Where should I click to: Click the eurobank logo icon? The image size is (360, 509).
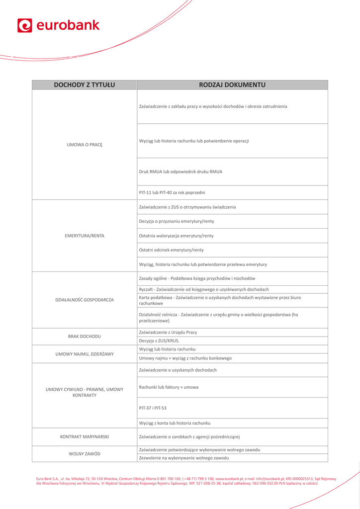coord(25,25)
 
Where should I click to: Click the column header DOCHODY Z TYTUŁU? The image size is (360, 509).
coord(85,85)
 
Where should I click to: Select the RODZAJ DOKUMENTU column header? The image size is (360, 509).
coord(232,85)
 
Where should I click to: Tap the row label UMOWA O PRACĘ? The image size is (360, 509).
coord(85,145)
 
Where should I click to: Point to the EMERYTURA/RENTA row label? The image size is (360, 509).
coord(85,236)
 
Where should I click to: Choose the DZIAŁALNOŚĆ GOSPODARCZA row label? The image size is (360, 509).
coord(85,300)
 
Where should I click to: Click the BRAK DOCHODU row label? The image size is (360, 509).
coord(85,337)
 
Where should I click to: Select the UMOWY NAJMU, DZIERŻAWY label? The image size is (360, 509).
coord(85,354)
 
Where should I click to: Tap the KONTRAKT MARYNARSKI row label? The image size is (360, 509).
coord(85,437)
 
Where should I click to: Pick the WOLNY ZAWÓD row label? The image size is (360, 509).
coord(85,454)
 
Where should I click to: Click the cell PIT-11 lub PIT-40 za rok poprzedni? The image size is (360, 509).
coord(172,192)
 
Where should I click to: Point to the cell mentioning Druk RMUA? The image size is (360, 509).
coord(180,171)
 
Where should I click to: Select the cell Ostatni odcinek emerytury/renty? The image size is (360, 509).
coord(171,250)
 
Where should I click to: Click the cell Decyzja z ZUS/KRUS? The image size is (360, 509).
coord(159,341)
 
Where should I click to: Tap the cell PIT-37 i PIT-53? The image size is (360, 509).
coord(153,408)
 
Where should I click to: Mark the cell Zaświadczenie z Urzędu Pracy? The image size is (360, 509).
coord(168,332)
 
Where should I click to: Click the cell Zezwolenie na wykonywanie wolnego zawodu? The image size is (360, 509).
coord(184,458)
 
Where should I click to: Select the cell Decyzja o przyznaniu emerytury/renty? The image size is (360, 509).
coord(177,221)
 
